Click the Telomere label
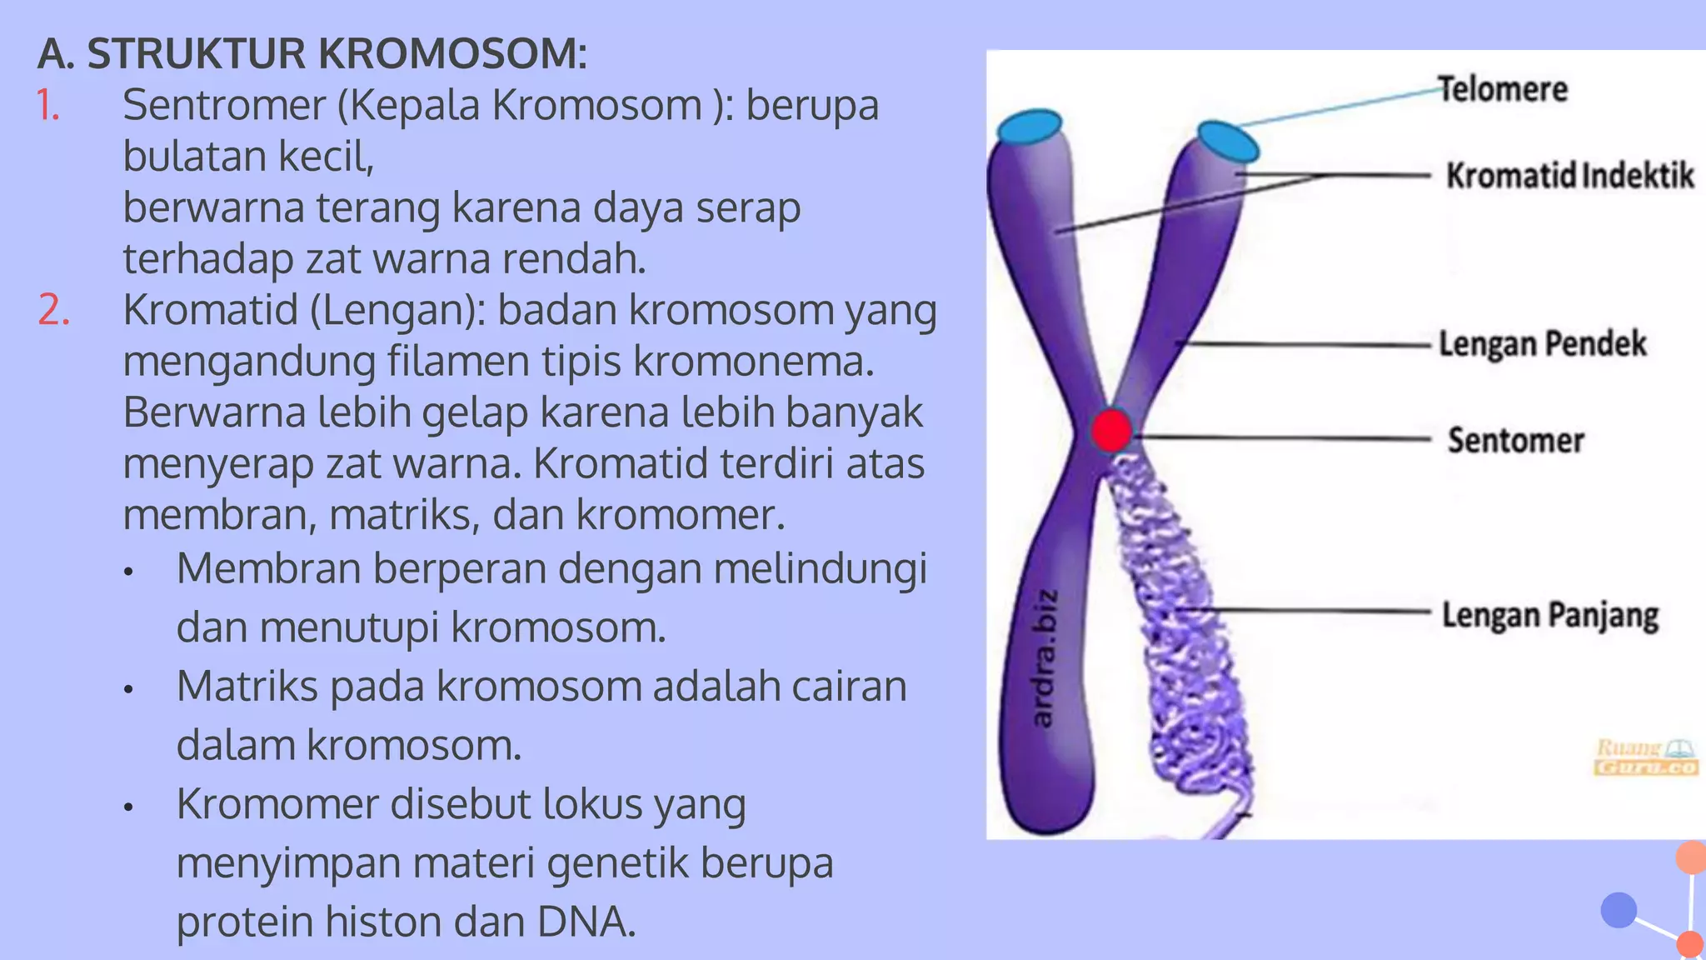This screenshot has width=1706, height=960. (1503, 89)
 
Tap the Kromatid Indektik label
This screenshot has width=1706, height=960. (1569, 175)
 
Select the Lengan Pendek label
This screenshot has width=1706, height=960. (1543, 343)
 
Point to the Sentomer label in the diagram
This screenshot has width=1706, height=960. (1515, 440)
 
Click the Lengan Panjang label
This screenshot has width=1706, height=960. (1550, 615)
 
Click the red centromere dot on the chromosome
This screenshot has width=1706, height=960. (1111, 431)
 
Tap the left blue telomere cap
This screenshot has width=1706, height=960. (1030, 127)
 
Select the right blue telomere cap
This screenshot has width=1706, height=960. (1227, 141)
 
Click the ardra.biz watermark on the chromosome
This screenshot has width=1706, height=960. (1045, 657)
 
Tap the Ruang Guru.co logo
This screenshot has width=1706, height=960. (1645, 757)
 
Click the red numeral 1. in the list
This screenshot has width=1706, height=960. (48, 105)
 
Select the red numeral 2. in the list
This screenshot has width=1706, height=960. (53, 310)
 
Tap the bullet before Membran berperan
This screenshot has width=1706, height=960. (128, 572)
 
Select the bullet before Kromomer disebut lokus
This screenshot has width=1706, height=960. (128, 807)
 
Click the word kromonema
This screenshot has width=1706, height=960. (753, 362)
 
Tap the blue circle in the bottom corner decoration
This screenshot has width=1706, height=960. (1619, 910)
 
